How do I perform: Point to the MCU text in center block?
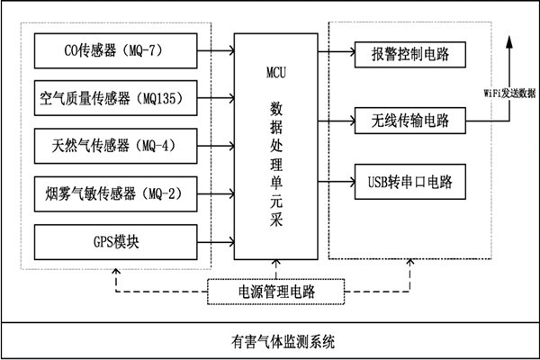pos(276,68)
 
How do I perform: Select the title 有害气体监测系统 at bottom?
pos(270,341)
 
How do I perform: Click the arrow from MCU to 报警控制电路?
pos(335,54)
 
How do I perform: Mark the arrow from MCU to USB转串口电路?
pos(335,183)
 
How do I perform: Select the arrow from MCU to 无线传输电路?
pos(335,119)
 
